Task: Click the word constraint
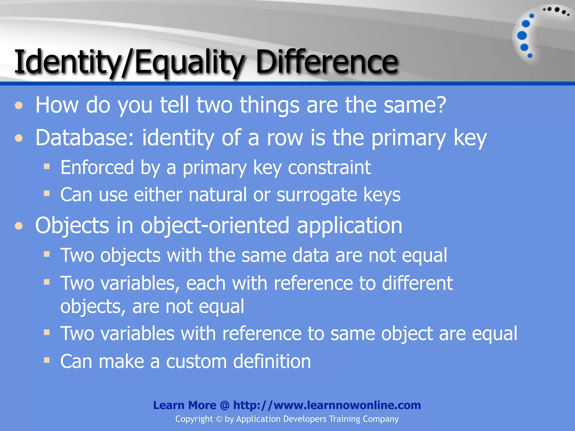pos(329,168)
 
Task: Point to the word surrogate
pos(317,195)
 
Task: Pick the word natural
pos(218,194)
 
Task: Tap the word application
pos(350,226)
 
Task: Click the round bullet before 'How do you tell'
pos(19,106)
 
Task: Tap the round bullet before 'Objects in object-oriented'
pos(19,226)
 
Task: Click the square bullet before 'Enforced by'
pos(47,167)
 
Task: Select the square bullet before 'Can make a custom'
pos(47,360)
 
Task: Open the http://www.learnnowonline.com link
pos(327,405)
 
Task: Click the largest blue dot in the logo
pos(522,35)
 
